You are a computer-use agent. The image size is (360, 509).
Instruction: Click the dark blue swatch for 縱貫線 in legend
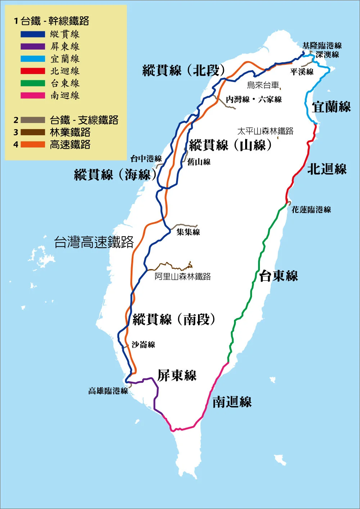pos(32,35)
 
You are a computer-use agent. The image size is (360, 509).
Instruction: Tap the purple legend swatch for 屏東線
pos(32,47)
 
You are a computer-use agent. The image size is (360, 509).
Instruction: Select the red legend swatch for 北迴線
pos(32,71)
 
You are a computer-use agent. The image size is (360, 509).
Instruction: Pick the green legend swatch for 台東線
pos(32,83)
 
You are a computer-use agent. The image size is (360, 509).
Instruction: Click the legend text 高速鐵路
pos(70,145)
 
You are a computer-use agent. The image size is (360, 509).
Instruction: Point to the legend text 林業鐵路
pos(70,132)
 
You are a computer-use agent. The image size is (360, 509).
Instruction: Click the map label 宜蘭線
pos(331,107)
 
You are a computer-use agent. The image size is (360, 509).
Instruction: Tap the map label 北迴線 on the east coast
pos(327,169)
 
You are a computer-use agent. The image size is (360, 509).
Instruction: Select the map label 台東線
pos(278,276)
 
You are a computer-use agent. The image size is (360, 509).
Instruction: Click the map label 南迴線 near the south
pos(232,402)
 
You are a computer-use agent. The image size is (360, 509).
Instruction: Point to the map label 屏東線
pos(177,376)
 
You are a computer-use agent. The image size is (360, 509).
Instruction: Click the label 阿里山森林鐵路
pos(183,277)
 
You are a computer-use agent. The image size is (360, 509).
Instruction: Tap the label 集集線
pos(188,232)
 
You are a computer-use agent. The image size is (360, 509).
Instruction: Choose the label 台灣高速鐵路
pos(94,242)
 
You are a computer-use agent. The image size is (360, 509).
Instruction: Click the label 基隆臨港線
pos(322,46)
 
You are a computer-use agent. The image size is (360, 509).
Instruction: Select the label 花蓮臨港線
pos(311,210)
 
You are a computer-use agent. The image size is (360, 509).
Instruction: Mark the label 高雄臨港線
pos(108,391)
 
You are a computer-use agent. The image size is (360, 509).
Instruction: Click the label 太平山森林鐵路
pos(265,131)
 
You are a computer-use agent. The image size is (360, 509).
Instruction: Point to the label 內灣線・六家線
pos(254,100)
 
